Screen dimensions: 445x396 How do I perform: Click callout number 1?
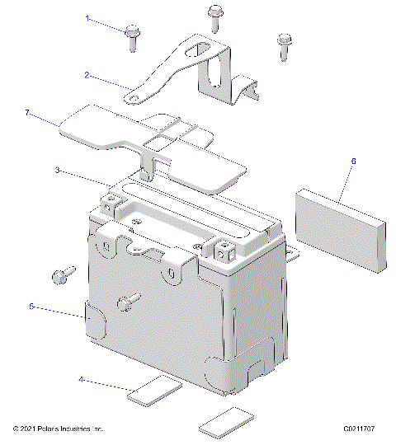[x=86, y=16]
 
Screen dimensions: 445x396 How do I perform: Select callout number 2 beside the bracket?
[x=86, y=74]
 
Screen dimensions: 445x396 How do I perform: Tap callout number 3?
[x=57, y=171]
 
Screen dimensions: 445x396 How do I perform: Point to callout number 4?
[x=81, y=379]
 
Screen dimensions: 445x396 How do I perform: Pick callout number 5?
[x=31, y=306]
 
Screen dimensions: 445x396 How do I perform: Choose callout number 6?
[x=353, y=161]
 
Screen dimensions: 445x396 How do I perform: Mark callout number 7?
[x=27, y=111]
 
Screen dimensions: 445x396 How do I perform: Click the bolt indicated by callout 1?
[x=132, y=37]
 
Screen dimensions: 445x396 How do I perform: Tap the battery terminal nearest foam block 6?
[x=224, y=247]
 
